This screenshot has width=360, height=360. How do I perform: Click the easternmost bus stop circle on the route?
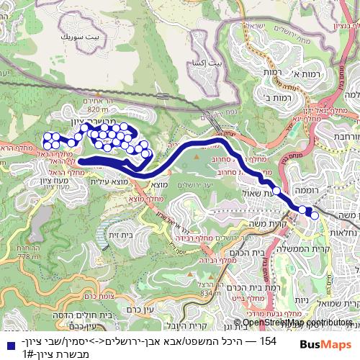315,215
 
